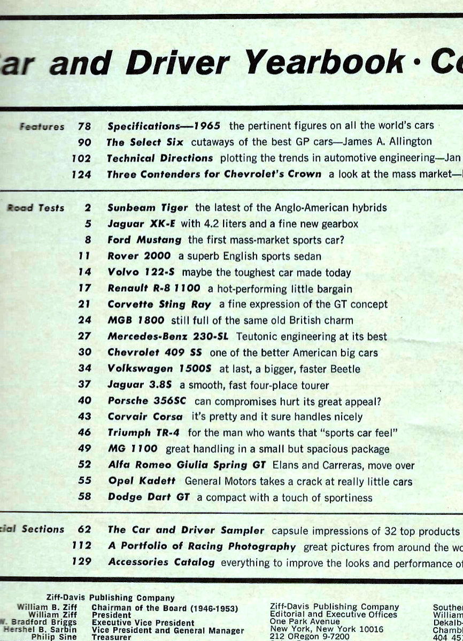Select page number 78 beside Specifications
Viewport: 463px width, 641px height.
pyautogui.click(x=84, y=127)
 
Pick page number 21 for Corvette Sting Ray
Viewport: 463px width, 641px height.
pyautogui.click(x=84, y=304)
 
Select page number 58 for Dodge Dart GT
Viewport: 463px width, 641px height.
pyautogui.click(x=84, y=498)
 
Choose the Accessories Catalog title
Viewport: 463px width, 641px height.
pyautogui.click(x=161, y=562)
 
